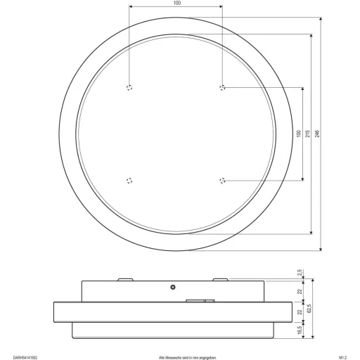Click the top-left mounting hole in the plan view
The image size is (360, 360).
click(x=129, y=88)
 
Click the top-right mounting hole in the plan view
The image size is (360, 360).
click(x=223, y=88)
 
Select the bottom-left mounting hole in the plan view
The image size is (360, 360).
click(x=129, y=181)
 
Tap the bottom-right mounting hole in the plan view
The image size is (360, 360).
click(x=223, y=181)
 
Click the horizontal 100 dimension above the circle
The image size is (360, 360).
click(x=176, y=4)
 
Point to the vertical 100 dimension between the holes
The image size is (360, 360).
click(x=299, y=134)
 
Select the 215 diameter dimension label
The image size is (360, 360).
click(x=309, y=134)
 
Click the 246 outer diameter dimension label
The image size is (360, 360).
click(x=319, y=134)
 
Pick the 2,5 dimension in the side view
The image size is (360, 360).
click(x=300, y=273)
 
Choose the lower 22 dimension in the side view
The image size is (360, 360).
click(x=300, y=311)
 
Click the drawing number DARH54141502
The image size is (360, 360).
click(x=18, y=355)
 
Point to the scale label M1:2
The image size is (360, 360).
click(x=345, y=355)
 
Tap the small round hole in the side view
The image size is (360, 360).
click(x=172, y=287)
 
